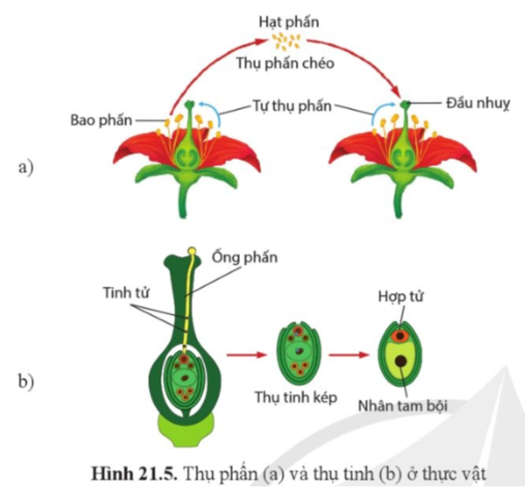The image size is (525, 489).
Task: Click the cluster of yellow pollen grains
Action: [285, 41]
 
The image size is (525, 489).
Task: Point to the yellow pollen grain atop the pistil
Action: [191, 252]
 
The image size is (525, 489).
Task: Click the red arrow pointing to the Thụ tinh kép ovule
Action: [246, 353]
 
